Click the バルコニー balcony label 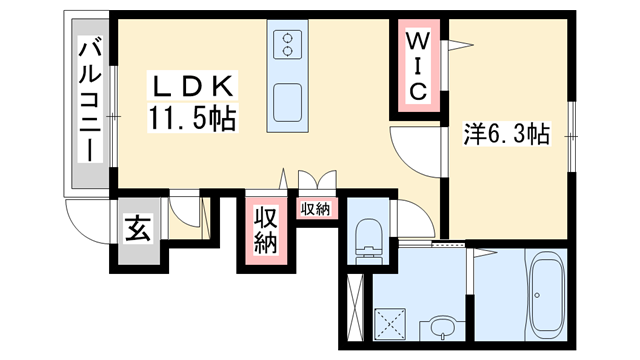(88, 100)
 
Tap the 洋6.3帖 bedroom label (506, 133)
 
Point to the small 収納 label (315, 209)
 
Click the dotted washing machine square (386, 323)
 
